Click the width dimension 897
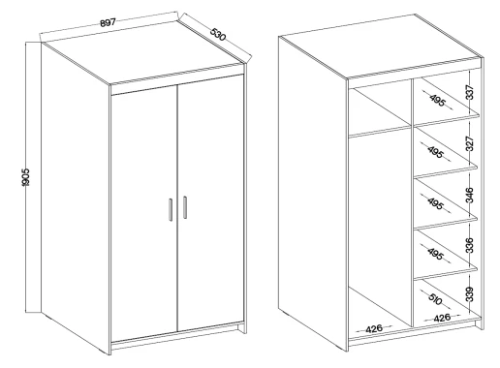108,22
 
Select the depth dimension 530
218,34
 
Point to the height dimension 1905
25,177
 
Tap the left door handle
171,209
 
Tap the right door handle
185,207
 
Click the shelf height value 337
470,92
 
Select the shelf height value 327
470,144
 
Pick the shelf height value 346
470,195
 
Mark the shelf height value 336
470,245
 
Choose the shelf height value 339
470,294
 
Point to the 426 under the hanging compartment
374,329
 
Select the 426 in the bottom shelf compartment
442,318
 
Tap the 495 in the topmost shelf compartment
438,101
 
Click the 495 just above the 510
435,254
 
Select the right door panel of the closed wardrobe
210,202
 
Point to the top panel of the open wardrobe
381,46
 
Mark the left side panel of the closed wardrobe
76,197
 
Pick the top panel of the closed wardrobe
143,61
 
